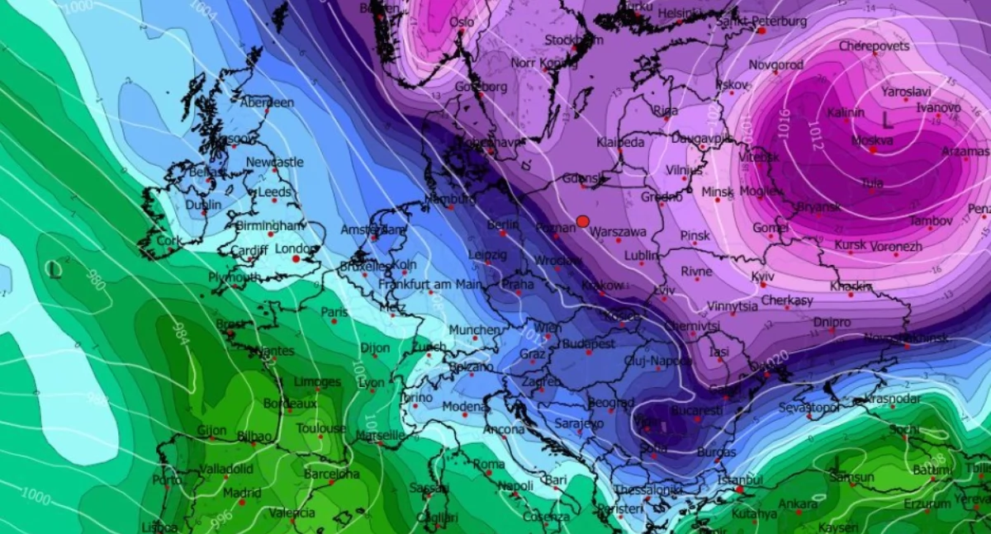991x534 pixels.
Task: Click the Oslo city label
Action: click(462, 22)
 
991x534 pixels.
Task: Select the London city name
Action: click(296, 248)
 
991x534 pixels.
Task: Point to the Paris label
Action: click(334, 313)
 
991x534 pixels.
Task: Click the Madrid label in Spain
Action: click(241, 493)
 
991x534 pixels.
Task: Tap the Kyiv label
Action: click(763, 276)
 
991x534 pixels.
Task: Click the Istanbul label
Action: click(741, 480)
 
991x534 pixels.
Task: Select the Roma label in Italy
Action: click(489, 465)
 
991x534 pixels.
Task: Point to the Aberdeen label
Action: click(267, 102)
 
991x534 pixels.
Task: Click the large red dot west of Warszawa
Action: click(583, 221)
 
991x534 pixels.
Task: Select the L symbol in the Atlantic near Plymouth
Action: click(54, 268)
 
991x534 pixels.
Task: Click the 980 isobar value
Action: click(96, 281)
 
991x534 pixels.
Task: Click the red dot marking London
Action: click(296, 259)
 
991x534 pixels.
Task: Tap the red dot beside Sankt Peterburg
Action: click(761, 31)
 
